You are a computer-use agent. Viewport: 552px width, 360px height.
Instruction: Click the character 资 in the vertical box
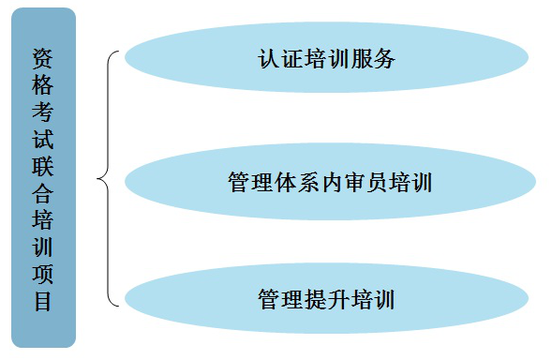coord(42,58)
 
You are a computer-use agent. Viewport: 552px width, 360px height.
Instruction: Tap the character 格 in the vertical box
coord(42,85)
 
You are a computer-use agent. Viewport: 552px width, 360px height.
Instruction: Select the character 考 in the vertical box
coord(42,112)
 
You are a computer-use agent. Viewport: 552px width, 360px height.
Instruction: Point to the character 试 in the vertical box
coord(42,140)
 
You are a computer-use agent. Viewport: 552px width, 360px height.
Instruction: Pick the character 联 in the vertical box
coord(42,167)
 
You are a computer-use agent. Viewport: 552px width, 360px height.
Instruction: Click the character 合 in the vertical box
coord(42,194)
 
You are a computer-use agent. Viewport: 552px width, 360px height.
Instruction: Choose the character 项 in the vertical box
coord(42,276)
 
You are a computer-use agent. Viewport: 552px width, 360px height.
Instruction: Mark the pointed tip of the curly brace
coord(98,178)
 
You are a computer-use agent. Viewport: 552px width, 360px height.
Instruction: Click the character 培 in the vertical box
coord(42,221)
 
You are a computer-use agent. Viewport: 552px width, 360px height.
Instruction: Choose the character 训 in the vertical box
coord(42,248)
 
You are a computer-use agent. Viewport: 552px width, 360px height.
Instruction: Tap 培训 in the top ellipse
coord(327,59)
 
